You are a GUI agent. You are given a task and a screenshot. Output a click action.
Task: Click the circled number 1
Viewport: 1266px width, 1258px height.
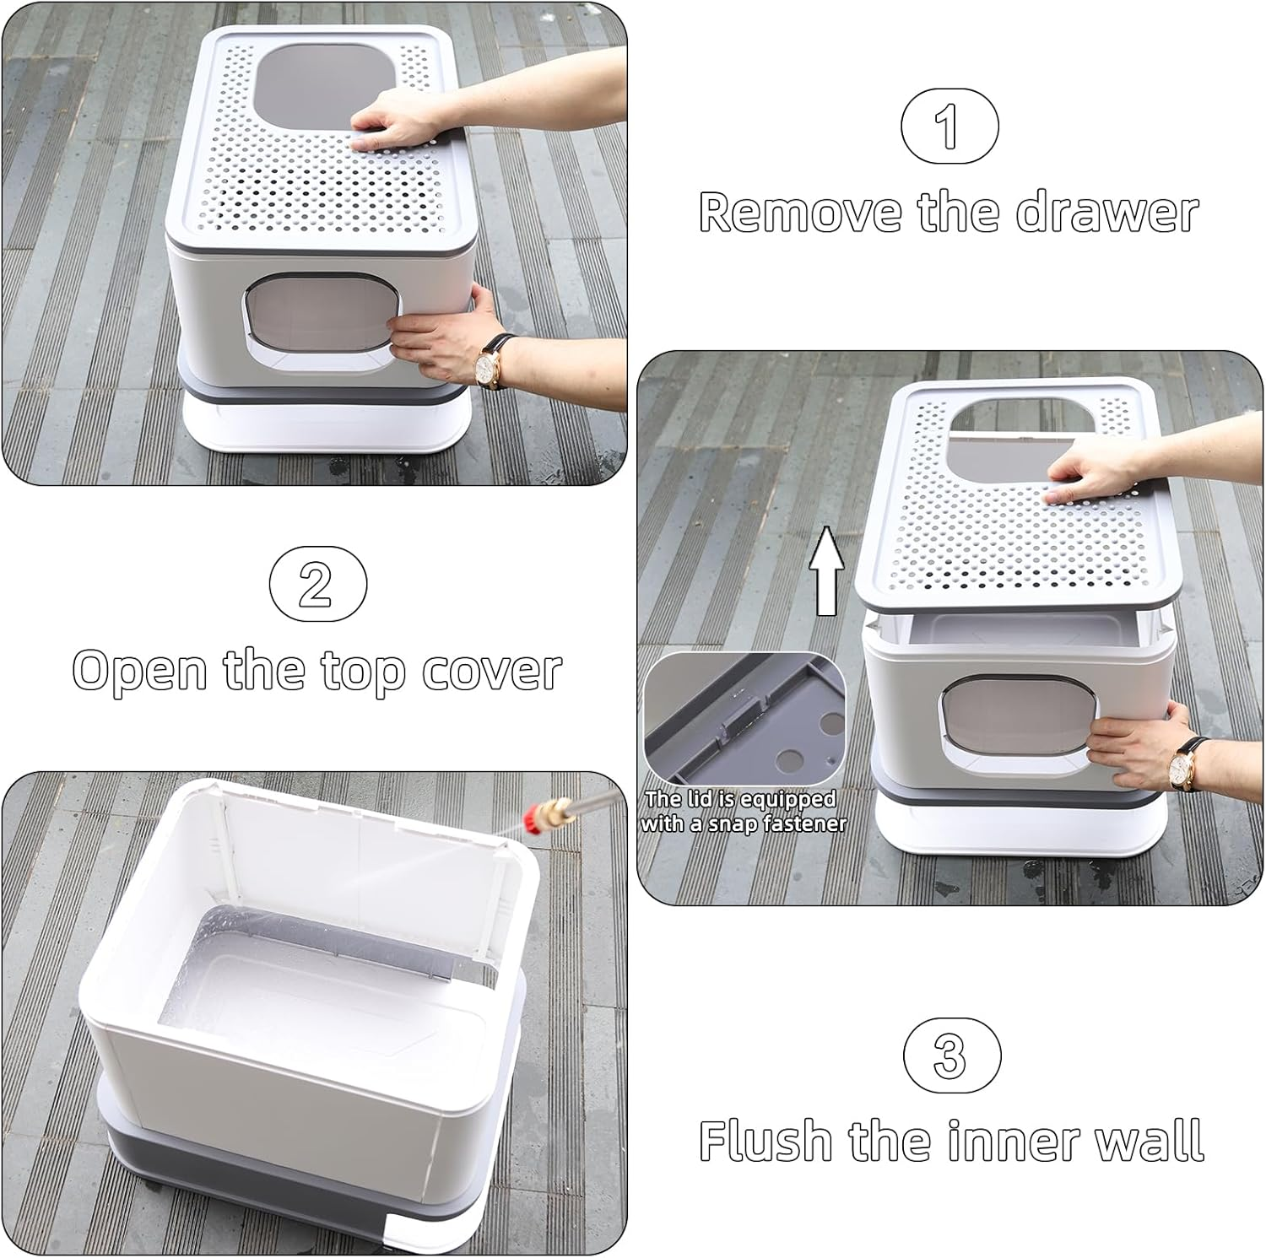[949, 126]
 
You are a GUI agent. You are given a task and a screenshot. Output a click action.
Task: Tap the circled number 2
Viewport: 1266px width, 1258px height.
[317, 583]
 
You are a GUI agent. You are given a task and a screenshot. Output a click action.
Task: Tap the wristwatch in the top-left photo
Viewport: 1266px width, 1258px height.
[487, 365]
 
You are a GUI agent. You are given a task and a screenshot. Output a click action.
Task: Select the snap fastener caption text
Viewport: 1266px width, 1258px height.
[743, 811]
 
